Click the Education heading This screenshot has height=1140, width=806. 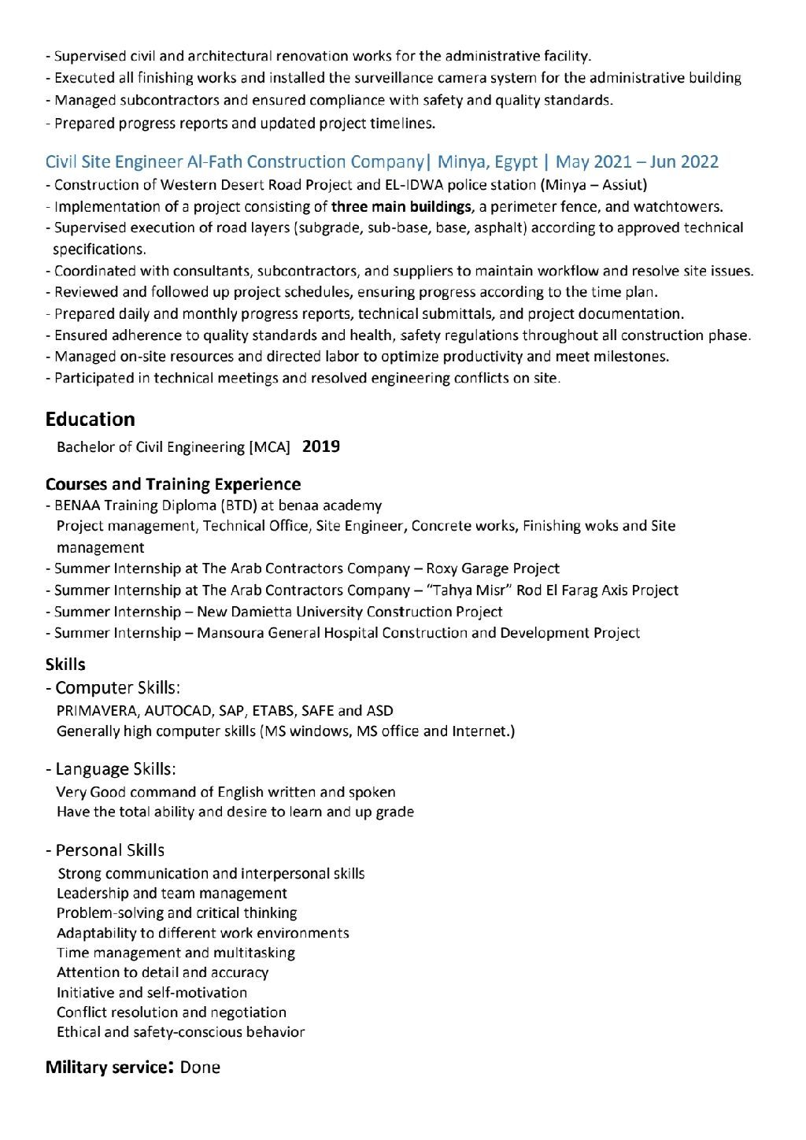coord(90,419)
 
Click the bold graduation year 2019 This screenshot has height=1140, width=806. coord(321,447)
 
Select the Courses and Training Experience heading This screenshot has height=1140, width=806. coord(172,483)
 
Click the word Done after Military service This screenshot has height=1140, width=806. coord(200,1068)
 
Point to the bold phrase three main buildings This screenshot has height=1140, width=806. coord(401,207)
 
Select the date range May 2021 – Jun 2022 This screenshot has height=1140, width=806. coord(637,162)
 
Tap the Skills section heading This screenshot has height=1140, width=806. coord(65,664)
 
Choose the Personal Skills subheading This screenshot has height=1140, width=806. coord(109,850)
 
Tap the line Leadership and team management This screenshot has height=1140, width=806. coord(172,894)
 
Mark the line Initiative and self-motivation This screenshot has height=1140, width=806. coord(152,993)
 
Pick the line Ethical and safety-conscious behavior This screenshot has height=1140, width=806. coord(180,1032)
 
